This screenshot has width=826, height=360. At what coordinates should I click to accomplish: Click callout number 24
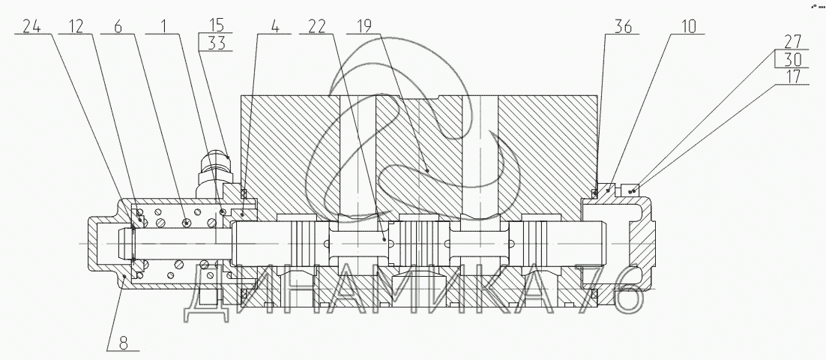click(31, 25)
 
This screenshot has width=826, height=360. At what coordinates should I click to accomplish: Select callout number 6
click(118, 25)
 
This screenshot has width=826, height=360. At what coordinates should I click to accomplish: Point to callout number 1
click(164, 25)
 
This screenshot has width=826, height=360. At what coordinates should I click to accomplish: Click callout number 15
click(216, 25)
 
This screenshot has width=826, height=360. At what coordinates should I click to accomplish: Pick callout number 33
click(217, 43)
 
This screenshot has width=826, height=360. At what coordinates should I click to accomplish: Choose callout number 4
click(275, 25)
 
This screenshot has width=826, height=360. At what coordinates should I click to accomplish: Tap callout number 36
click(623, 26)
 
